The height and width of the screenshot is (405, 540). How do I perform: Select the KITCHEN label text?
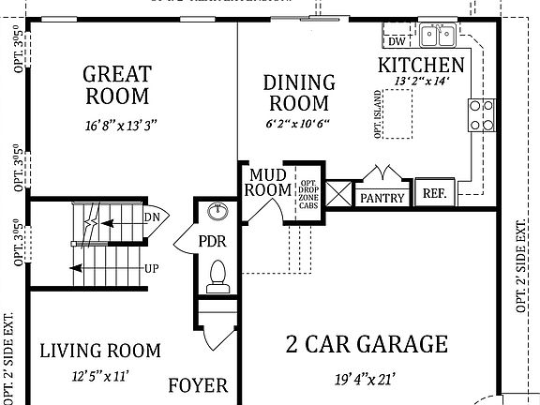point(421,65)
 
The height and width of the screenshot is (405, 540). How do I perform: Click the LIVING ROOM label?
point(100,351)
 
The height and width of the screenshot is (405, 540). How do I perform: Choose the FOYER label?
point(197,385)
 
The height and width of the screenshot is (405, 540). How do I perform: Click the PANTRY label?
point(382,198)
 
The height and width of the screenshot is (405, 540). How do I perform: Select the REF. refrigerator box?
point(434,193)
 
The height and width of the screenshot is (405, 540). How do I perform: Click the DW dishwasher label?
point(397,40)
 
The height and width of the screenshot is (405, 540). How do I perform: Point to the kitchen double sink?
point(437,36)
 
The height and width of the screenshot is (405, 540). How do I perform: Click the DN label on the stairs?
point(151,217)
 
